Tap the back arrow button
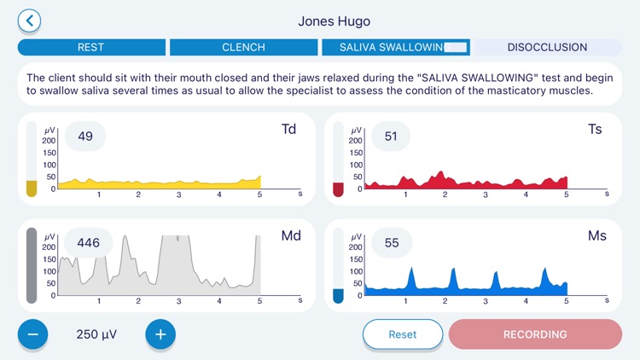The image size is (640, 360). (x=29, y=20)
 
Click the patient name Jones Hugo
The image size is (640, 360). (x=334, y=20)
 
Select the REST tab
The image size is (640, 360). (x=90, y=47)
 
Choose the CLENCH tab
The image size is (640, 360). (x=243, y=47)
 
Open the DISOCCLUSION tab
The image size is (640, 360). (x=547, y=47)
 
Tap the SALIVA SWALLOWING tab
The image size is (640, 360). (x=395, y=47)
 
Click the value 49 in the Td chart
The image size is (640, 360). (x=85, y=136)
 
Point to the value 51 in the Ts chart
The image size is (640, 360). (x=391, y=136)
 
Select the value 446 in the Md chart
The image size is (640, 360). (x=89, y=243)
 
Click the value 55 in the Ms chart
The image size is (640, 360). (x=391, y=243)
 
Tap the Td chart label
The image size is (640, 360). (x=288, y=130)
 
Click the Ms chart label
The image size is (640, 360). (x=596, y=235)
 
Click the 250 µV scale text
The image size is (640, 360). (x=96, y=334)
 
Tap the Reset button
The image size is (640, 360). (x=403, y=334)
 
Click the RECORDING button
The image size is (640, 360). (x=535, y=334)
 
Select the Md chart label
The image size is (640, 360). (x=291, y=235)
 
